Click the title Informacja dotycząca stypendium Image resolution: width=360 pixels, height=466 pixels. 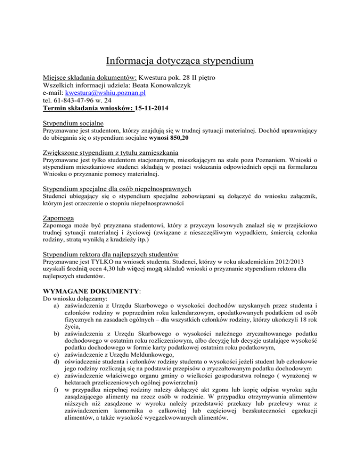[180, 61]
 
